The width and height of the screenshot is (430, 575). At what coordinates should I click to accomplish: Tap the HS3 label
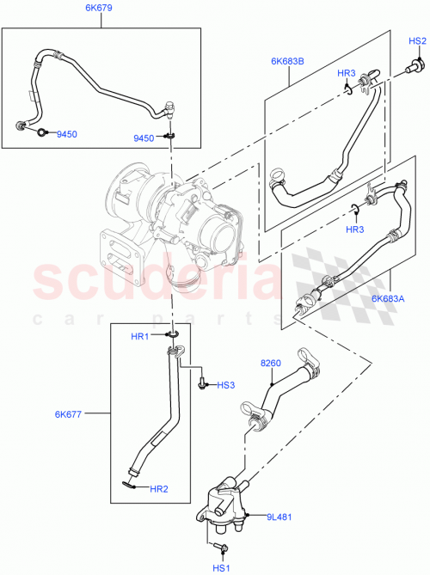click(x=226, y=386)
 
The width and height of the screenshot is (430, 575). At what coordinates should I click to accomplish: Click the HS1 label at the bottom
click(x=222, y=567)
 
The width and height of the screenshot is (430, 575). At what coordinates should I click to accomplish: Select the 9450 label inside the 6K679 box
click(x=67, y=134)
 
